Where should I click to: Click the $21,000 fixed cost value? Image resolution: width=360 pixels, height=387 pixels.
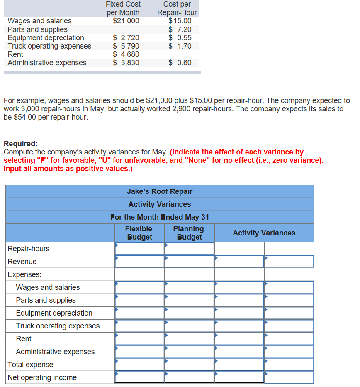pos(126,21)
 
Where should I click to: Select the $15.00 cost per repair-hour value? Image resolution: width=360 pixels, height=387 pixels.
pos(180,21)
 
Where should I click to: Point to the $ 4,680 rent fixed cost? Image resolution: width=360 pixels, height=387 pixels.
pos(126,54)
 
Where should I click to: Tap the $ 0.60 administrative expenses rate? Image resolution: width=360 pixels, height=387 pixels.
pos(180,63)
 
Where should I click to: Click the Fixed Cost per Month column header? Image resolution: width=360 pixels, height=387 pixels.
pos(123,8)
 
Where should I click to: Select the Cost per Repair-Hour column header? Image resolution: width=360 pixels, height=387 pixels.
pos(177,8)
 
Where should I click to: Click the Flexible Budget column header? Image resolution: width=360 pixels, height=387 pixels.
pos(139,233)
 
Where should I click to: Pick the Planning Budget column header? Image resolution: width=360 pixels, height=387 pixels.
pos(189,233)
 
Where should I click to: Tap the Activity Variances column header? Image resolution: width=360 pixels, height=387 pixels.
pos(264,233)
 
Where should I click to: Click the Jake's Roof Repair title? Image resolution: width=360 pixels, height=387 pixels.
pos(160,191)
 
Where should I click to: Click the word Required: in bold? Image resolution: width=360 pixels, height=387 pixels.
pos(20,144)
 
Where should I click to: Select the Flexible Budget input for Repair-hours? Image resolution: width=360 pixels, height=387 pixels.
pos(140,249)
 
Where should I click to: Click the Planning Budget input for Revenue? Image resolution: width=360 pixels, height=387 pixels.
pos(189,262)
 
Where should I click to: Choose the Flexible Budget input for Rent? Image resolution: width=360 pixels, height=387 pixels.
pos(140,339)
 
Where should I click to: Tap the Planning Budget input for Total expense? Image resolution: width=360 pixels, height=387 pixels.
pos(189,365)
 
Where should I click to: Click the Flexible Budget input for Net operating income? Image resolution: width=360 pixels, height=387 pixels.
pos(140,377)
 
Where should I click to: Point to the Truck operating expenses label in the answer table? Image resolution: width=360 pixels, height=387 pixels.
pos(58,326)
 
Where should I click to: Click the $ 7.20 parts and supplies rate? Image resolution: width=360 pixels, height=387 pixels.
pos(180,29)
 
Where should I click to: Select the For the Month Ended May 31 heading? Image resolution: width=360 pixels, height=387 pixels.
pos(160,217)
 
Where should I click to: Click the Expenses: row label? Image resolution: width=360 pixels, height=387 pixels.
pos(22,274)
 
